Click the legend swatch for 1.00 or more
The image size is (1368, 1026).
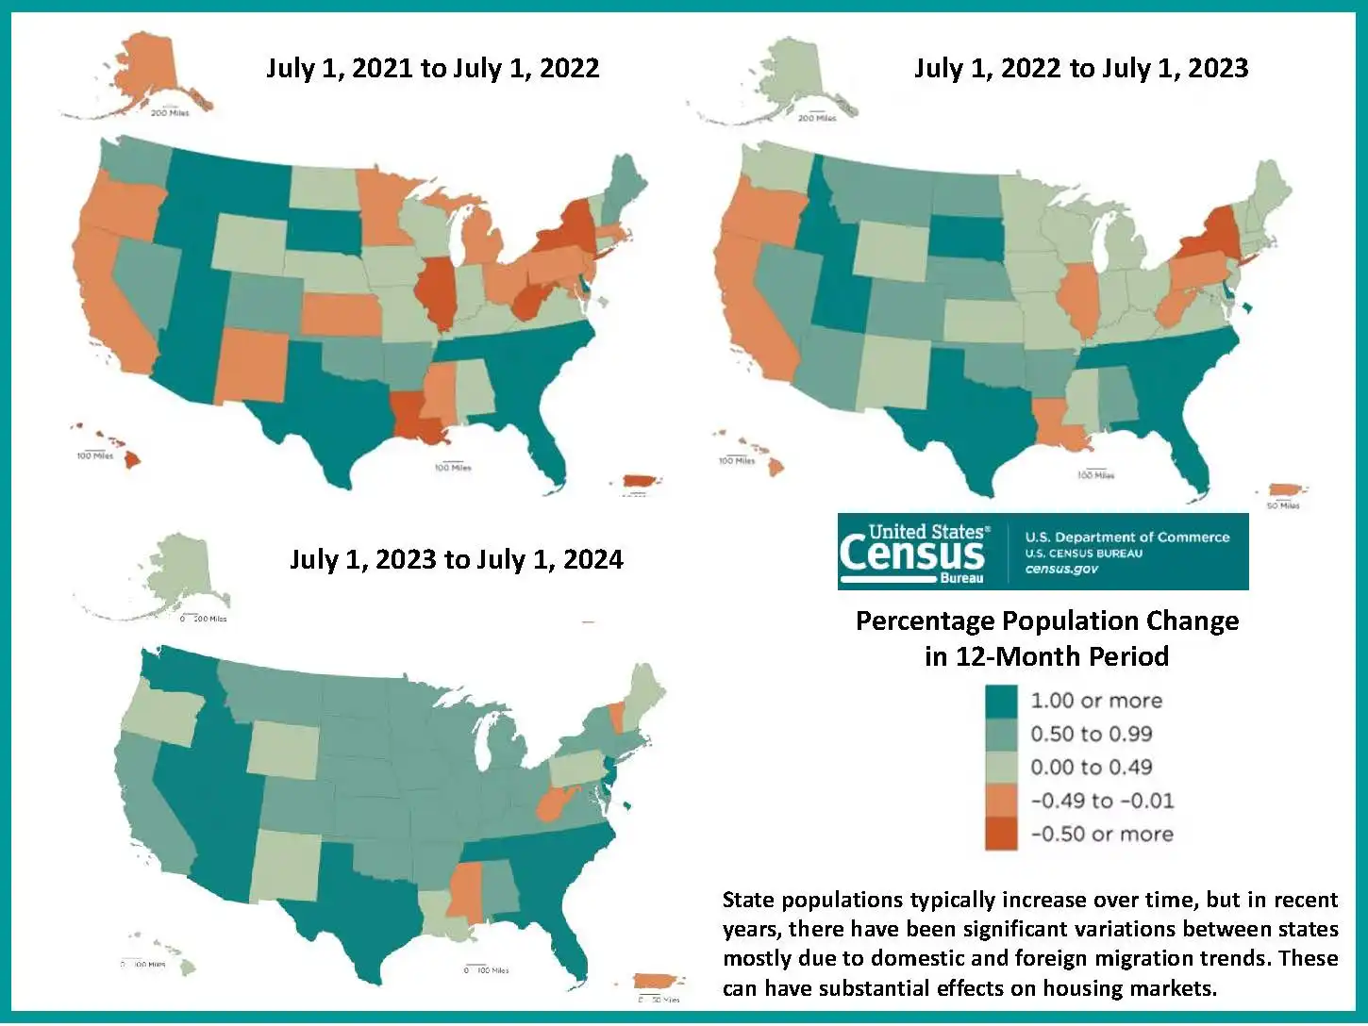[x=1001, y=701]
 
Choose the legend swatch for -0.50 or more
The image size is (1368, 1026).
[x=1001, y=835]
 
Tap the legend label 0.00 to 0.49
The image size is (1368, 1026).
[x=1091, y=768]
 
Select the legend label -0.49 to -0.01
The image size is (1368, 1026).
[x=1102, y=802]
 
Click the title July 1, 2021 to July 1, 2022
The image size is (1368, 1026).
[x=432, y=68]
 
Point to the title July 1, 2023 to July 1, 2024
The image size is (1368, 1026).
[x=456, y=559]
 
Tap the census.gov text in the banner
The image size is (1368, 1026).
[x=1061, y=570]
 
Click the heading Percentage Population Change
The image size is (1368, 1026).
[x=1046, y=621]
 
